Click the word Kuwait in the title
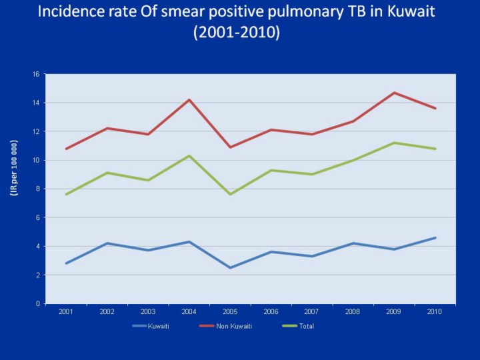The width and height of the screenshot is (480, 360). [407, 12]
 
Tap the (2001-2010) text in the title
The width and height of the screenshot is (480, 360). [237, 33]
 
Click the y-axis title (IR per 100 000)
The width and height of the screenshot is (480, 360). [14, 168]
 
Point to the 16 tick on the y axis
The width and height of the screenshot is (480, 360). [36, 74]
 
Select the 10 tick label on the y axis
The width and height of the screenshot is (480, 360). [36, 160]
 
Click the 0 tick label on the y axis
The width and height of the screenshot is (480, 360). [38, 303]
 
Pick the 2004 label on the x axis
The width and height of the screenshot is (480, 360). [189, 312]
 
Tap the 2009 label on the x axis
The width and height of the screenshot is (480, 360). [394, 312]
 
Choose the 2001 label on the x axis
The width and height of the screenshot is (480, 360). [66, 312]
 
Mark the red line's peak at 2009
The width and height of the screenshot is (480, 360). [394, 93]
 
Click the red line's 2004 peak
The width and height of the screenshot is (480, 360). [189, 100]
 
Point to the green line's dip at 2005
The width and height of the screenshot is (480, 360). [230, 194]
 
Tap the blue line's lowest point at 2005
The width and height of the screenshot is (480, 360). [230, 267]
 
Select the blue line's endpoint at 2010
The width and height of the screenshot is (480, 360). [435, 237]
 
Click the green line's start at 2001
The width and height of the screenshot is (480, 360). [66, 194]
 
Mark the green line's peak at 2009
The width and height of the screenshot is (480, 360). [394, 143]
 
